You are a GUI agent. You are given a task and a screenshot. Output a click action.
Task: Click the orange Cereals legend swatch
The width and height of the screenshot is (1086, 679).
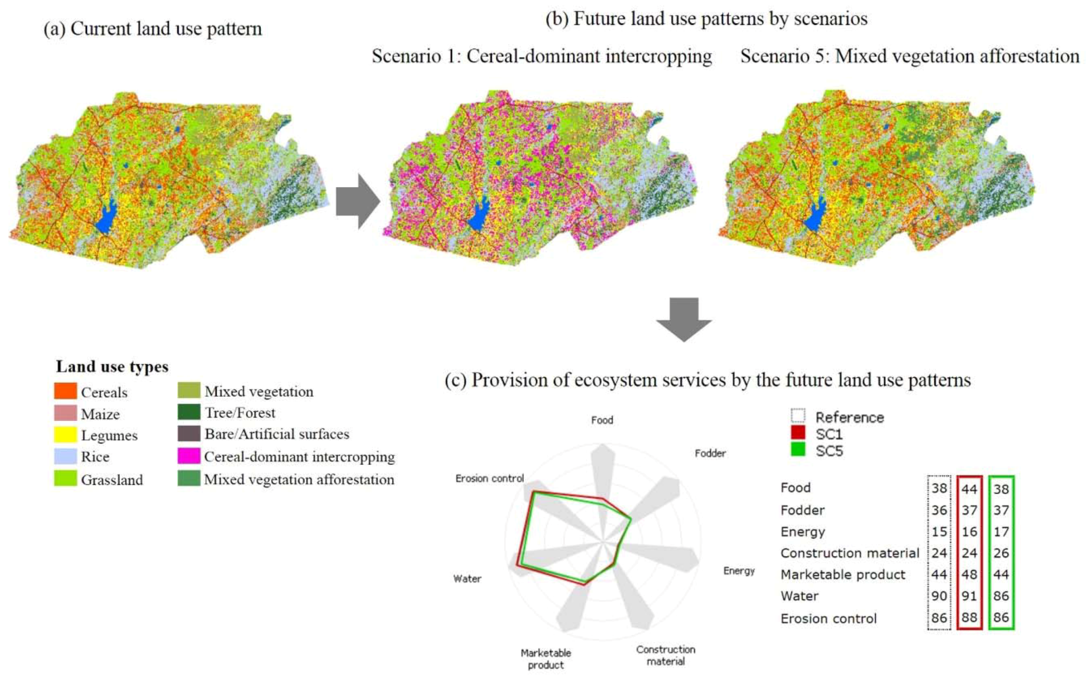(x=65, y=391)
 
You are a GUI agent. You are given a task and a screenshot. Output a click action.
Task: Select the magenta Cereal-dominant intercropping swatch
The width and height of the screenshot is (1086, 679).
(x=188, y=456)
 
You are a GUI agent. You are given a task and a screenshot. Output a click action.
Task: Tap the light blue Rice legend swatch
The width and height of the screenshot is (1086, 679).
(x=65, y=456)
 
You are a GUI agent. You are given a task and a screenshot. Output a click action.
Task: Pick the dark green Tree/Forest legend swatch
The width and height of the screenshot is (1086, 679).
(x=188, y=412)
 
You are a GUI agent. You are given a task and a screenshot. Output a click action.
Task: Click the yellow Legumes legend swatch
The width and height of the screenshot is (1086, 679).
(x=65, y=434)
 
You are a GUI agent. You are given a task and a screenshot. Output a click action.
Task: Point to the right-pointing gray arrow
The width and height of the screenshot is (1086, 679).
(x=357, y=201)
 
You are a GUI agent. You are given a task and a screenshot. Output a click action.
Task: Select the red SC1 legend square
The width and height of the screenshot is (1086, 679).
(x=798, y=433)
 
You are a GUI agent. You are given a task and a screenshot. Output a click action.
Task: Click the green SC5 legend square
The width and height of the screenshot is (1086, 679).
(x=798, y=450)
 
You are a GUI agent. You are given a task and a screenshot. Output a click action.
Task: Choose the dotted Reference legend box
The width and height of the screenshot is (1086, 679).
(x=798, y=416)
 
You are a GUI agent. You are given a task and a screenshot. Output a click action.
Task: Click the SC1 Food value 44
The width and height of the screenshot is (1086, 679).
(x=969, y=489)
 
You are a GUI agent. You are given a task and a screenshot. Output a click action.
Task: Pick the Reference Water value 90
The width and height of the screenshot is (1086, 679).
(x=939, y=596)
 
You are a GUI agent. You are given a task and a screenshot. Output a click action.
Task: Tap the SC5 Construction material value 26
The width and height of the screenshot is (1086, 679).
(x=1001, y=553)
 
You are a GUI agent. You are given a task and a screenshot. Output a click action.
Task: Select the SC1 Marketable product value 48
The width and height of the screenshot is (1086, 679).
(x=969, y=575)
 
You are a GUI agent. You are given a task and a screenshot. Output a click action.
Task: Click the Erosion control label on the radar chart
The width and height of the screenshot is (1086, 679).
(x=489, y=478)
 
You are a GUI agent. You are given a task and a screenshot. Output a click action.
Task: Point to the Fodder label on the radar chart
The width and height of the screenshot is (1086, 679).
(x=710, y=453)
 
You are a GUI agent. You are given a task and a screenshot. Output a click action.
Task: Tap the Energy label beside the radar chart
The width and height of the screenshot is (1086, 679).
(x=739, y=571)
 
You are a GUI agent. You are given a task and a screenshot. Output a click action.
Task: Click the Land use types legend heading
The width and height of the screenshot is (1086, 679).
(x=112, y=367)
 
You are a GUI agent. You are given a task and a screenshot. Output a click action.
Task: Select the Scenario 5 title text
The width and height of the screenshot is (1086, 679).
(x=909, y=56)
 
